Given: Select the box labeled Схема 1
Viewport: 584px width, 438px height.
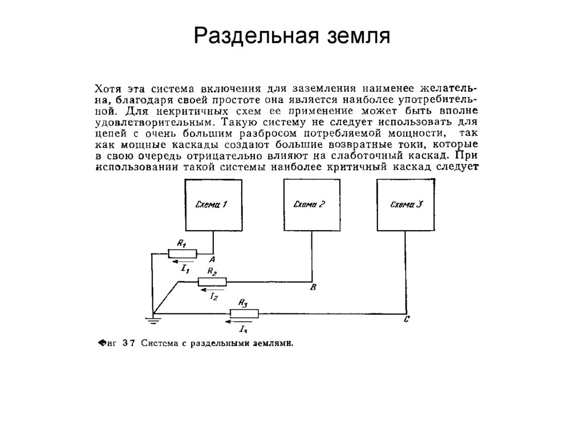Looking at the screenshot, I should coord(212,204).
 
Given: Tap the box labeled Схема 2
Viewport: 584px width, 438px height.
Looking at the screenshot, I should coord(312,204).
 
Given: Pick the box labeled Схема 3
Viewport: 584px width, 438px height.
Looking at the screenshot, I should coord(406,204).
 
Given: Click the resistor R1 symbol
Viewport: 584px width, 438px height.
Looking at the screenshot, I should coord(182,254).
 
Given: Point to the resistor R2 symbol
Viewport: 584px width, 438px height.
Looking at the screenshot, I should coord(212,282).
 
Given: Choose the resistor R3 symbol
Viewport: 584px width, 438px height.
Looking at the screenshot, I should coord(244,313).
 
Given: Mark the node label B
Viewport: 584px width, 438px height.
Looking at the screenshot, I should coord(313,288).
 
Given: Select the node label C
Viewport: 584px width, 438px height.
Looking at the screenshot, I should coord(405,320).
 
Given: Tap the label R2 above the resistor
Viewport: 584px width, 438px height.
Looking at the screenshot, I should coord(212,272).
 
